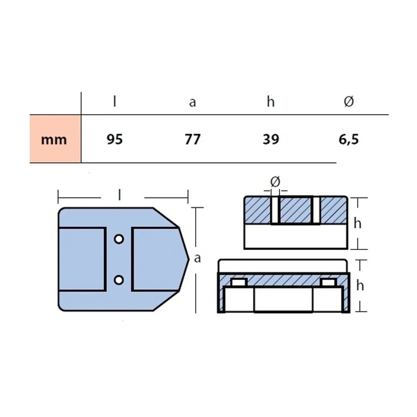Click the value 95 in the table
tap(115, 139)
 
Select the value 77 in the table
tap(193, 139)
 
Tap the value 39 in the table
tap(271, 139)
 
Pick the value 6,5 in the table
tap(349, 139)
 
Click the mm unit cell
tap(54, 139)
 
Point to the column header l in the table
tap(115, 101)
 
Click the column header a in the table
tap(193, 102)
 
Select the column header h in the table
tap(271, 101)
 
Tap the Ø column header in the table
tap(349, 101)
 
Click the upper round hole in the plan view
tap(119, 239)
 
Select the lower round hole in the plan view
tap(119, 279)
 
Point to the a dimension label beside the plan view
tap(197, 258)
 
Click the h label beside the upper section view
tap(358, 223)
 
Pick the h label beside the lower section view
tap(360, 286)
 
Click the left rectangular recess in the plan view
tap(82, 259)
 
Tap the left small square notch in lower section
tap(239, 283)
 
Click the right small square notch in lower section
tap(328, 283)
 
